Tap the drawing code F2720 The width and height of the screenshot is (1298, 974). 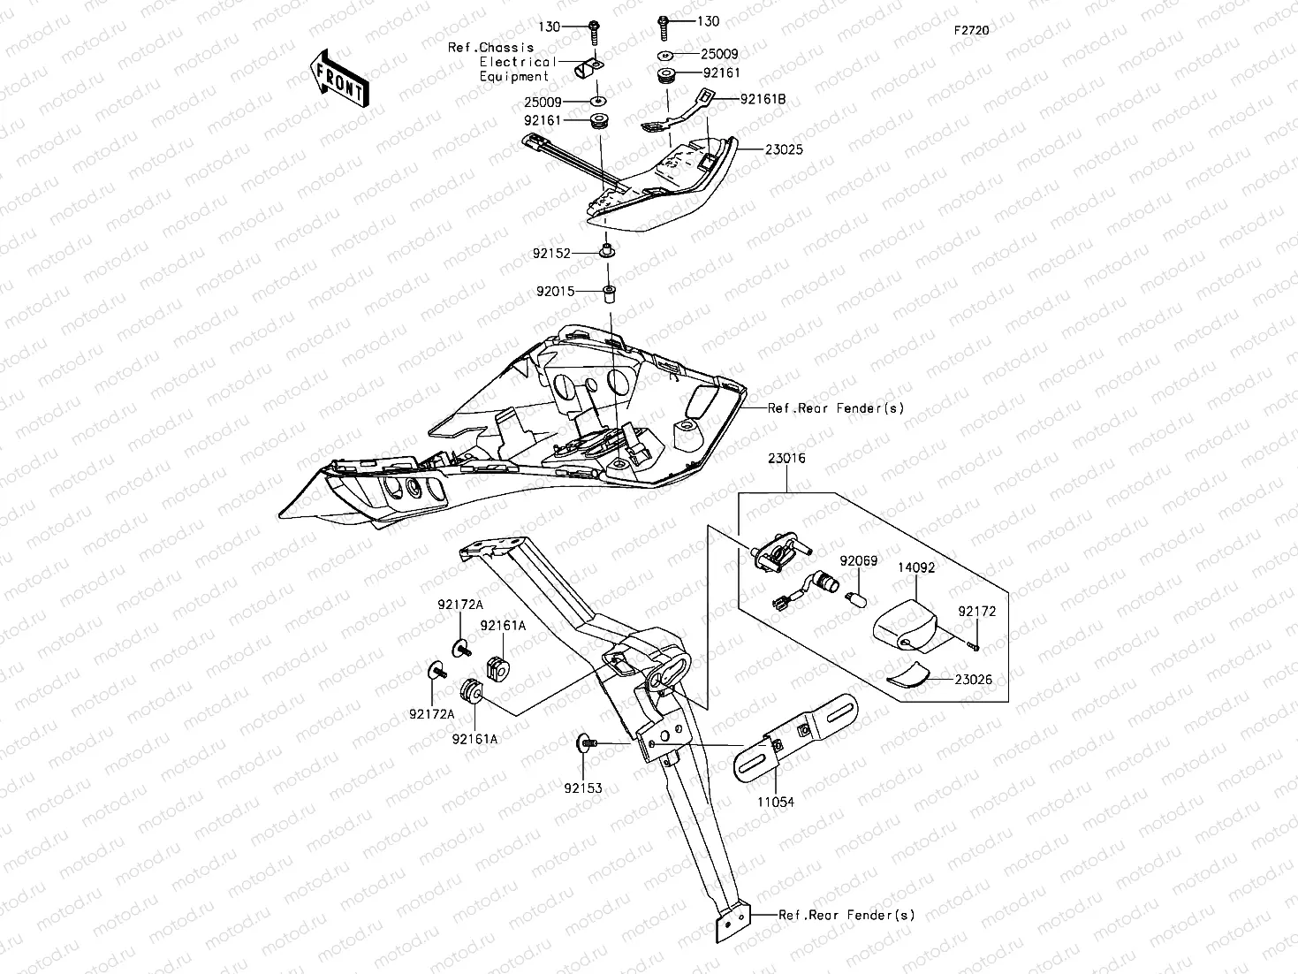pyautogui.click(x=971, y=30)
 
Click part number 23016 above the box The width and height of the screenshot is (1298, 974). pyautogui.click(x=786, y=459)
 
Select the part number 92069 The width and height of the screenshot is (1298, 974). pyautogui.click(x=857, y=561)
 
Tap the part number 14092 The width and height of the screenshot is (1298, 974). pyautogui.click(x=916, y=568)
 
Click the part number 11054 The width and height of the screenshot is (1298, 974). pyautogui.click(x=776, y=802)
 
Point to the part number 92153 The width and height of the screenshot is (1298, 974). pyautogui.click(x=584, y=788)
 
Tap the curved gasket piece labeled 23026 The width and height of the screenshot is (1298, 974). pyautogui.click(x=907, y=675)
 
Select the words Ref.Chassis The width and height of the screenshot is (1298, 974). pyautogui.click(x=490, y=48)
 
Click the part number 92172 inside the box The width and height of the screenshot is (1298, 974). pyautogui.click(x=977, y=611)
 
